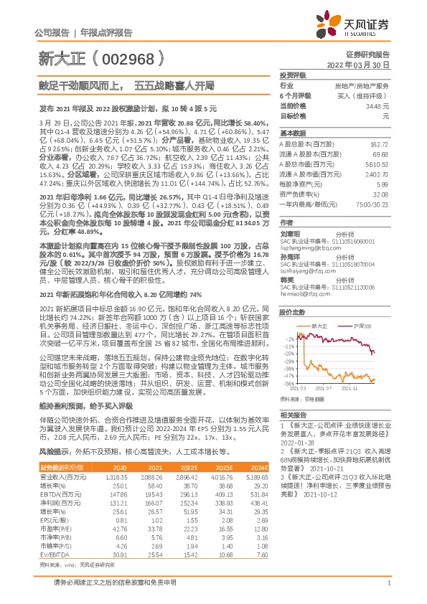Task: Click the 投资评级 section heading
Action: (x=293, y=75)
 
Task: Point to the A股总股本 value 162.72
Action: (x=379, y=144)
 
